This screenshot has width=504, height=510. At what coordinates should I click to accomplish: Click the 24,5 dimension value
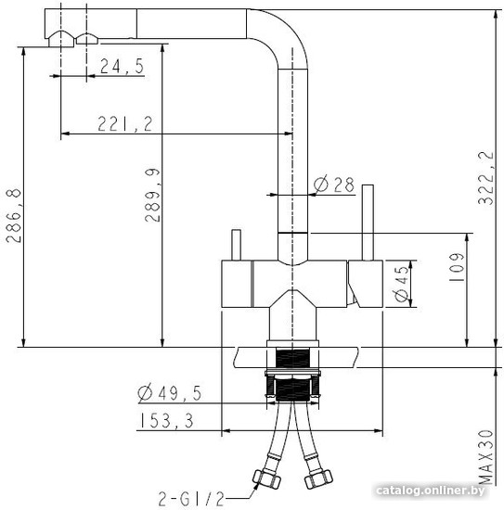pyautogui.click(x=123, y=66)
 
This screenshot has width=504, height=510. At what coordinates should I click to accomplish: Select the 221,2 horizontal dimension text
pyautogui.click(x=125, y=124)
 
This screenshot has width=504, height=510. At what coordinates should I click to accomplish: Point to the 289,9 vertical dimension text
pyautogui.click(x=152, y=195)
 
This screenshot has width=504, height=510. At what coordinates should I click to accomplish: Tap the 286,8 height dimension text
pyautogui.click(x=13, y=216)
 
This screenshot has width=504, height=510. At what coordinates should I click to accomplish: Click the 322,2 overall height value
pyautogui.click(x=485, y=178)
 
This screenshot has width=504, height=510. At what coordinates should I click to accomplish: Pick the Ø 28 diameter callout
pyautogui.click(x=334, y=185)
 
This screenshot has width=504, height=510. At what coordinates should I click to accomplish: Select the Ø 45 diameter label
pyautogui.click(x=401, y=284)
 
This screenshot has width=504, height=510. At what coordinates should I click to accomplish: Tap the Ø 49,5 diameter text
pyautogui.click(x=170, y=393)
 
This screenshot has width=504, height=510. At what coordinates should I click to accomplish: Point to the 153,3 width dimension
pyautogui.click(x=167, y=421)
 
